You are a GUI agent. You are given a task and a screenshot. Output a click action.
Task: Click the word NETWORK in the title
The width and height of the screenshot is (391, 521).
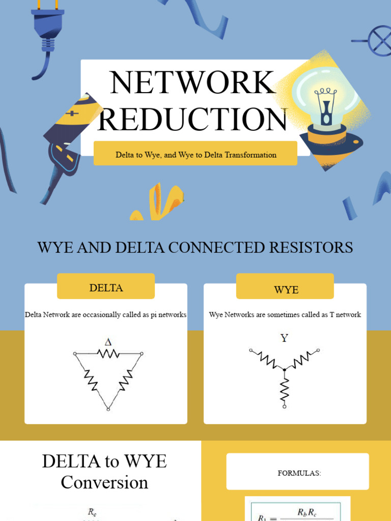click(192, 82)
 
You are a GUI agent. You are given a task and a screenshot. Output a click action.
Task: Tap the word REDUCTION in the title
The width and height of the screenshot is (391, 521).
click(192, 119)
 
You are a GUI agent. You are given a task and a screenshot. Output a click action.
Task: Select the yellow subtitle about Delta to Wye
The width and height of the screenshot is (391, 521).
click(195, 155)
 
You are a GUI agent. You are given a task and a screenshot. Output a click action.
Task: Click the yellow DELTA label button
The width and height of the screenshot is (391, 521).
click(106, 287)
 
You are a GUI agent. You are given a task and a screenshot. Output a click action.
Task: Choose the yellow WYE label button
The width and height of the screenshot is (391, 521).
click(286, 290)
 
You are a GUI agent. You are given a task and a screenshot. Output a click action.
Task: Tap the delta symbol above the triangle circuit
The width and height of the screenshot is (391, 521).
click(108, 342)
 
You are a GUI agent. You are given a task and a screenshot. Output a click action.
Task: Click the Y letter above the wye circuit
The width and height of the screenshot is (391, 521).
click(284, 338)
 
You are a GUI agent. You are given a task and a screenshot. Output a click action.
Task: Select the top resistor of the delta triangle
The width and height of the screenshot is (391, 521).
click(108, 353)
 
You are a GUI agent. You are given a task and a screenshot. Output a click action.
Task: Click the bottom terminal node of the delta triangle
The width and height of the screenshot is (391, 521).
click(108, 409)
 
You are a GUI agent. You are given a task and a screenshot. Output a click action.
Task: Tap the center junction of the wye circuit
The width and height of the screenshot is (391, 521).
click(285, 369)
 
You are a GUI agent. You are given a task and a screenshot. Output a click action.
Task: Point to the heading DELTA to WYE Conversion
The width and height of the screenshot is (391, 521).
click(104, 472)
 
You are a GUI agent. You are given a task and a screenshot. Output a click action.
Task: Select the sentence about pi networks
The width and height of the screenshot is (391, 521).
click(105, 315)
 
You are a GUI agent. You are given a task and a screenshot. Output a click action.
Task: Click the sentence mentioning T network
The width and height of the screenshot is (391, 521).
click(285, 315)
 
